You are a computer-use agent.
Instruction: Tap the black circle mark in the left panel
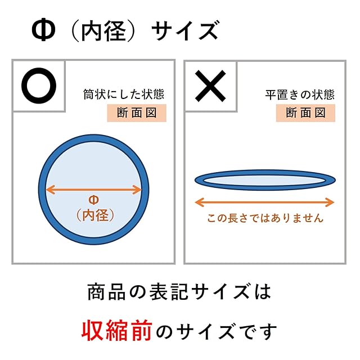(39, 85)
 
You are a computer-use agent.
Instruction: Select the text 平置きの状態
(300, 94)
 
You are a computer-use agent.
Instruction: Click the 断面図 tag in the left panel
(137, 112)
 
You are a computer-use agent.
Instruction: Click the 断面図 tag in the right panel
(305, 112)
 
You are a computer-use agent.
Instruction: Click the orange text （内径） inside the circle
(94, 214)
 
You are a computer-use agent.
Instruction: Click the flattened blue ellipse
(265, 179)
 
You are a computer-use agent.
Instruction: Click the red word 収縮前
(116, 331)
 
